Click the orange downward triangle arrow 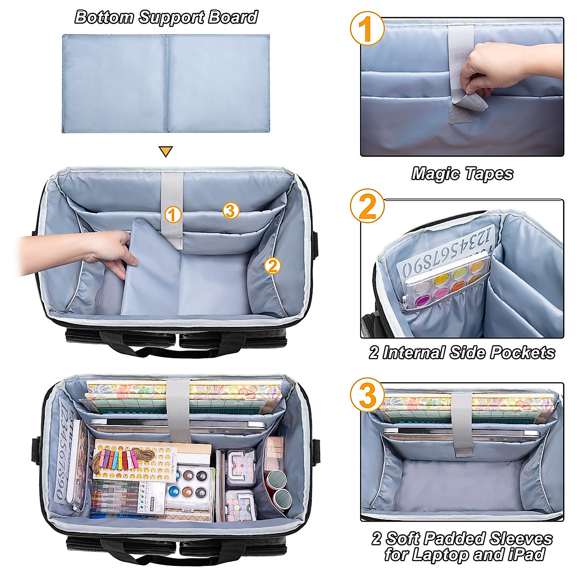(x=165, y=151)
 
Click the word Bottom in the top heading (x=103, y=17)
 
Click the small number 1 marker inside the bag (x=173, y=214)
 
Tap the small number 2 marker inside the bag (x=273, y=265)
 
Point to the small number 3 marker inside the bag (x=231, y=210)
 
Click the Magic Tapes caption (x=462, y=174)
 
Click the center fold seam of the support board (x=166, y=83)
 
